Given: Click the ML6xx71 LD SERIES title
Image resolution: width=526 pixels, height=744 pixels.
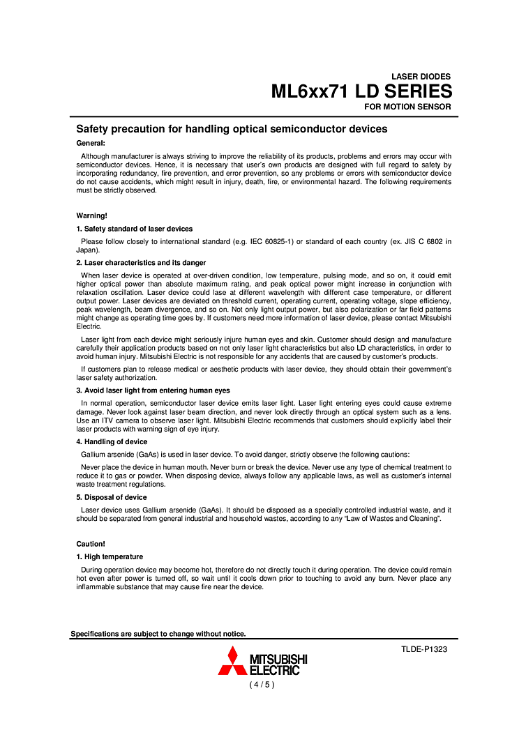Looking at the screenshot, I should tap(361, 92).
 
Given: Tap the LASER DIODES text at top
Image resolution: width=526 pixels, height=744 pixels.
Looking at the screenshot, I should tap(421, 77).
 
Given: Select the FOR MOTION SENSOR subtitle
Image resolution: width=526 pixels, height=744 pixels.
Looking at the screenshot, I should tap(407, 107).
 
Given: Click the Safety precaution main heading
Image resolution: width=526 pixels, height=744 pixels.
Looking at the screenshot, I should tap(232, 129).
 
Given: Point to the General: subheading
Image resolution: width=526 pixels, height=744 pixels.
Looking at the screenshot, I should tap(91, 143).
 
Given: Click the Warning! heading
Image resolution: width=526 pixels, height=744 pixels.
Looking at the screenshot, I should tap(91, 216).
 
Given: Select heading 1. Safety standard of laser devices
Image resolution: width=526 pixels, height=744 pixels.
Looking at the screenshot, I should tap(135, 229).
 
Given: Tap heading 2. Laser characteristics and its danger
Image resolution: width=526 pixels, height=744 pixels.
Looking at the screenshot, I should tap(141, 263).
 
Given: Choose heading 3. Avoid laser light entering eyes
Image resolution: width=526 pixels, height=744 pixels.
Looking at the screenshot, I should tap(153, 390).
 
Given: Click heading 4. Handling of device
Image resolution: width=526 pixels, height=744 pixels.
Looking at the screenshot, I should tap(112, 442).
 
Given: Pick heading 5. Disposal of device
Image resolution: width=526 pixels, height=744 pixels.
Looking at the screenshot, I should tap(112, 497).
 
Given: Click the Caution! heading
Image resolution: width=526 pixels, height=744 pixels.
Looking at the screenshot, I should tap(91, 544).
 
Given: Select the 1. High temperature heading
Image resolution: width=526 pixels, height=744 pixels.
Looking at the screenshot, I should tap(110, 556).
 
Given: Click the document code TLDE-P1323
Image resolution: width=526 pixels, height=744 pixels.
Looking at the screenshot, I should tap(424, 649).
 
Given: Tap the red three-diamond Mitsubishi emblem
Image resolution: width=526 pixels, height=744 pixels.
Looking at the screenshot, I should tap(232, 662).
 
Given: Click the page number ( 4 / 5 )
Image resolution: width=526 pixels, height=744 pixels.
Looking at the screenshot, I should tap(262, 685).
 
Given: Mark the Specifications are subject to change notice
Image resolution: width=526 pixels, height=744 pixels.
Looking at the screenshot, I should tap(158, 634).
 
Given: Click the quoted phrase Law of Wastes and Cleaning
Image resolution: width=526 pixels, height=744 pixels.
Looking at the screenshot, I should tap(384, 519).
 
